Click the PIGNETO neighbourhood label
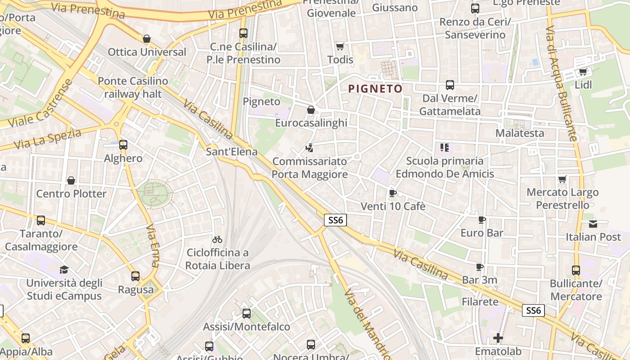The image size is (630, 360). tap(375, 89)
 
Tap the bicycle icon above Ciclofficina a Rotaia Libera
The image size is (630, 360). tap(217, 239)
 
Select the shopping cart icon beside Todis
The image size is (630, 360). tap(340, 46)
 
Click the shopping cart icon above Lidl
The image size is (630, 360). tap(583, 72)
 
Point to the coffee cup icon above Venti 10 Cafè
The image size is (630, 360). tap(392, 193)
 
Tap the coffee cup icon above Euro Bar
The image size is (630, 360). tap(482, 220)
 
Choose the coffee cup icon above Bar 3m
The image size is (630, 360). tap(480, 267)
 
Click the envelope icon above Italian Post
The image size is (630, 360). tap(593, 224)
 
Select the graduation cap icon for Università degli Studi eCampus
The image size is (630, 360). tap(64, 270)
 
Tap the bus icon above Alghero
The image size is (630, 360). tap(123, 145)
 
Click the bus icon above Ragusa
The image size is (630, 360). tap(135, 276)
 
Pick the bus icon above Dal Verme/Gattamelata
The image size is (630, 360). tap(450, 85)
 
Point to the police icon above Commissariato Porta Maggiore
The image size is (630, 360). tap(309, 148)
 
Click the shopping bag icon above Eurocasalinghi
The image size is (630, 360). tap(310, 110)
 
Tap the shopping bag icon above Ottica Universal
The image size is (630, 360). tap(146, 39)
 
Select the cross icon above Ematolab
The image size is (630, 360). tap(498, 338)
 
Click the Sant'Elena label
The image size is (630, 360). tap(231, 152)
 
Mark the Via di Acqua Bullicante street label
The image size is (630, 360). tap(561, 84)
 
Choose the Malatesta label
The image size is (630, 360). tap(520, 133)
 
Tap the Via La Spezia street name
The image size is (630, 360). tap(47, 139)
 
